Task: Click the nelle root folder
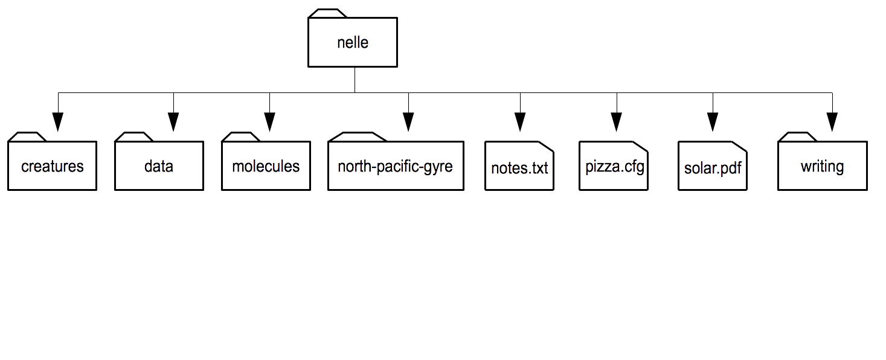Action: tap(353, 42)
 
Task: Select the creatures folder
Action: tap(52, 166)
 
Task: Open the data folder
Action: tap(159, 166)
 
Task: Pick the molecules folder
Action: tap(266, 166)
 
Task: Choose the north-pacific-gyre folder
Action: tap(396, 166)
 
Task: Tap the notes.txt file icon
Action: tap(519, 166)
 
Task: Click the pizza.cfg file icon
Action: tap(614, 166)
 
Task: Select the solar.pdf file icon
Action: tap(712, 166)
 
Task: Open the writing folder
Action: tap(823, 166)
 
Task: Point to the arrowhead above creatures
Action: tap(58, 121)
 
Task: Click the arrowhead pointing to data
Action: tap(173, 121)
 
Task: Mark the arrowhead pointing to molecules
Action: tap(269, 121)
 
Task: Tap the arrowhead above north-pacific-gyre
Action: tap(408, 121)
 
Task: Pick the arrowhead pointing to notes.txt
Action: tap(520, 121)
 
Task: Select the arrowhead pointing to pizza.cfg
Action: tap(616, 121)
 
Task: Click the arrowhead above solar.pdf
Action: tap(712, 121)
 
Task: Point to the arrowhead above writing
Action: tap(832, 121)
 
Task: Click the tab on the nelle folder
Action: tap(327, 13)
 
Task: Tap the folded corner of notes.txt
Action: tap(546, 146)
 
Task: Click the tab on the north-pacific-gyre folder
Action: tap(358, 137)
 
